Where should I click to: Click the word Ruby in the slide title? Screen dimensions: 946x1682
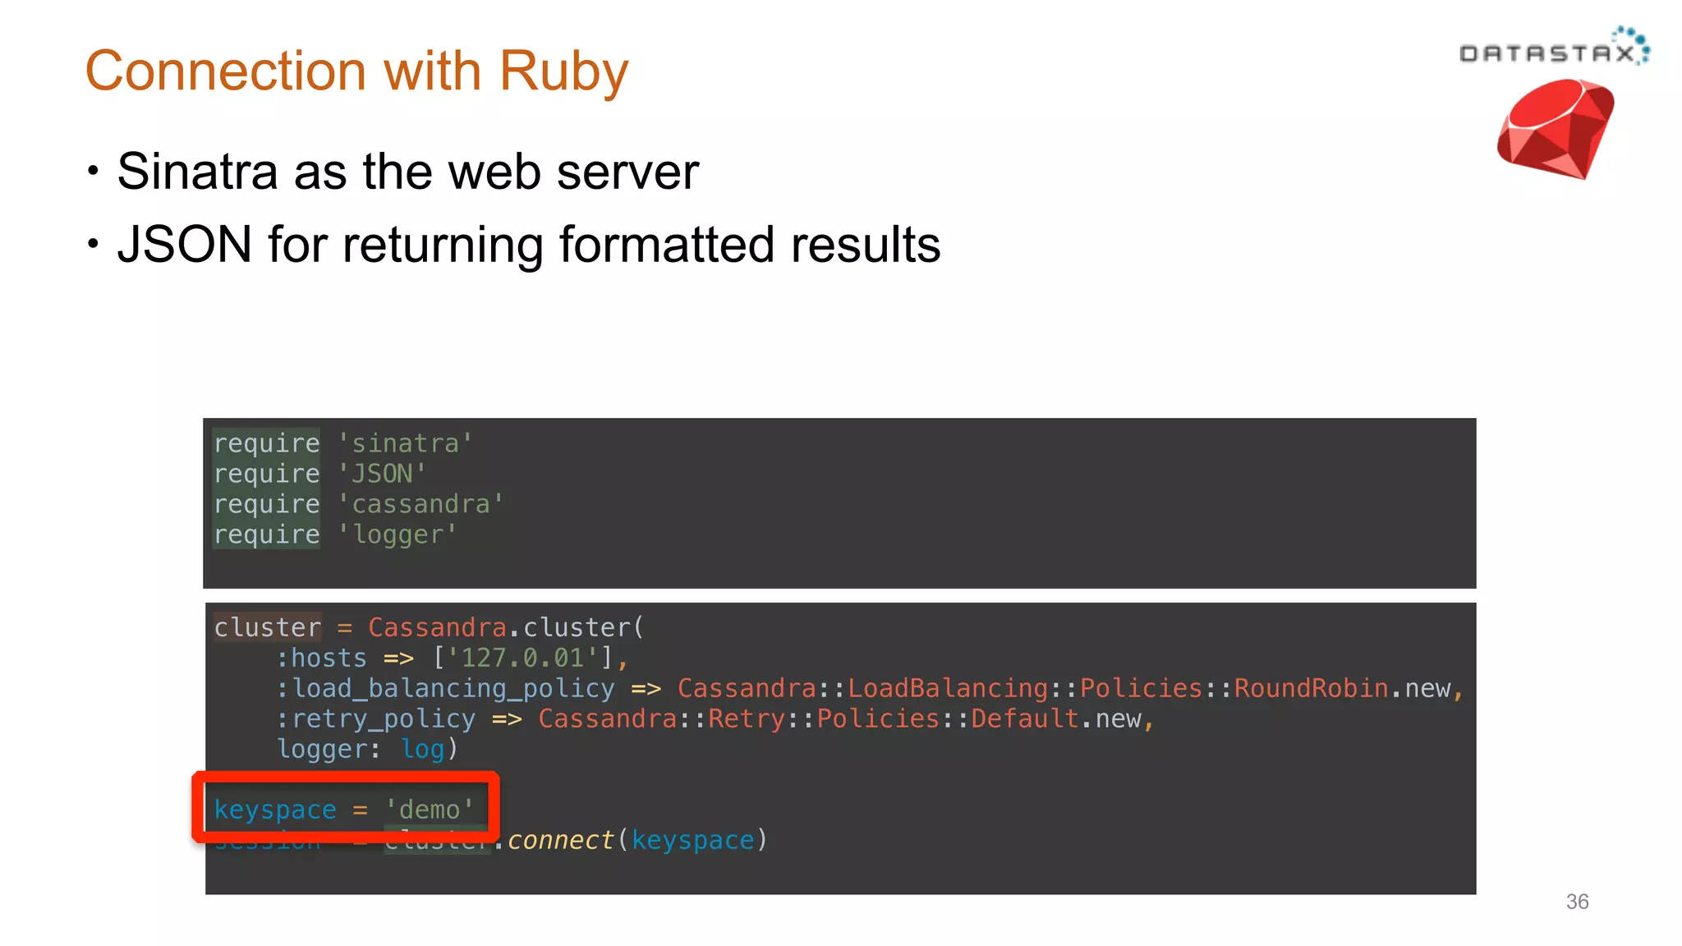tap(563, 71)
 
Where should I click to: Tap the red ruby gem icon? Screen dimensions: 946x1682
tap(1555, 129)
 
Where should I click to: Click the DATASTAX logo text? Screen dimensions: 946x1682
tap(1547, 53)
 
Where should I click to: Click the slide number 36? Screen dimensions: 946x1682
tap(1577, 902)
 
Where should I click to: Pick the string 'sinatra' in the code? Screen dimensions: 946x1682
tap(405, 443)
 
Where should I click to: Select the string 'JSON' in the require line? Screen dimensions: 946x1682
tap(382, 474)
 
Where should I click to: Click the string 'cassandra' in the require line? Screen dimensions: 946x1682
tap(420, 504)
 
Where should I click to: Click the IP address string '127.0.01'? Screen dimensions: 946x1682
tap(522, 658)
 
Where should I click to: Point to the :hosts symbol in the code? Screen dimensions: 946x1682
tap(322, 658)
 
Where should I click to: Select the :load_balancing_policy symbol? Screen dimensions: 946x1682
tap(445, 688)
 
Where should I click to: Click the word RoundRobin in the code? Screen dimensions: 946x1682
tap(1311, 688)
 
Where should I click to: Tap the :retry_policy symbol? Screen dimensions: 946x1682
tap(376, 719)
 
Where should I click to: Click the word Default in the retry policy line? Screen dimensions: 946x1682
tap(1024, 719)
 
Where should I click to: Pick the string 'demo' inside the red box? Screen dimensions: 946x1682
tap(430, 810)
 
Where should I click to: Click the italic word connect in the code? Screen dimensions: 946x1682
tap(560, 840)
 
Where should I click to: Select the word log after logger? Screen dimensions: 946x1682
tap(422, 749)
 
